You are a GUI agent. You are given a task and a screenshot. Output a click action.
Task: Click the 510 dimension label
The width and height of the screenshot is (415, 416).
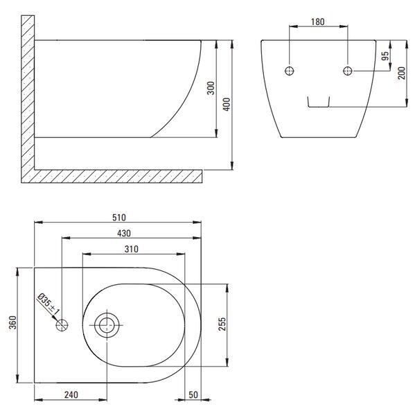coord(118,218)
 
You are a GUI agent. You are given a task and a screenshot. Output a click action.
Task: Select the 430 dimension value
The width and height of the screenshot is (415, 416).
coord(124,233)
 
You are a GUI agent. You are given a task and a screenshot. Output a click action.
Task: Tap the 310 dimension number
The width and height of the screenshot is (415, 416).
coord(131,249)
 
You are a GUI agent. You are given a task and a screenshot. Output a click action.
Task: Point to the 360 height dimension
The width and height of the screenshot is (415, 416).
coord(12,322)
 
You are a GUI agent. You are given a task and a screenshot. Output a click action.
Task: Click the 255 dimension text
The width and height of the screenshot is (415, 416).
coord(222,324)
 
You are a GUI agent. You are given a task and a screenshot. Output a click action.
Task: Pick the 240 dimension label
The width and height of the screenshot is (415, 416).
coord(71,395)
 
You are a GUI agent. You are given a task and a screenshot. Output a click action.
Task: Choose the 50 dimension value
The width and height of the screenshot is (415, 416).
coord(193,395)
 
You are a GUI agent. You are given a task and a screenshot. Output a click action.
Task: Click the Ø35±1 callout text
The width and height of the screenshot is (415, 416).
coord(48,303)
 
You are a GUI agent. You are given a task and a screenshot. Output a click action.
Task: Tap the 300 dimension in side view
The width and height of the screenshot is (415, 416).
coord(211,88)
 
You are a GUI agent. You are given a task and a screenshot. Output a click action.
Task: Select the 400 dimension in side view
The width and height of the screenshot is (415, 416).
coord(227,104)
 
